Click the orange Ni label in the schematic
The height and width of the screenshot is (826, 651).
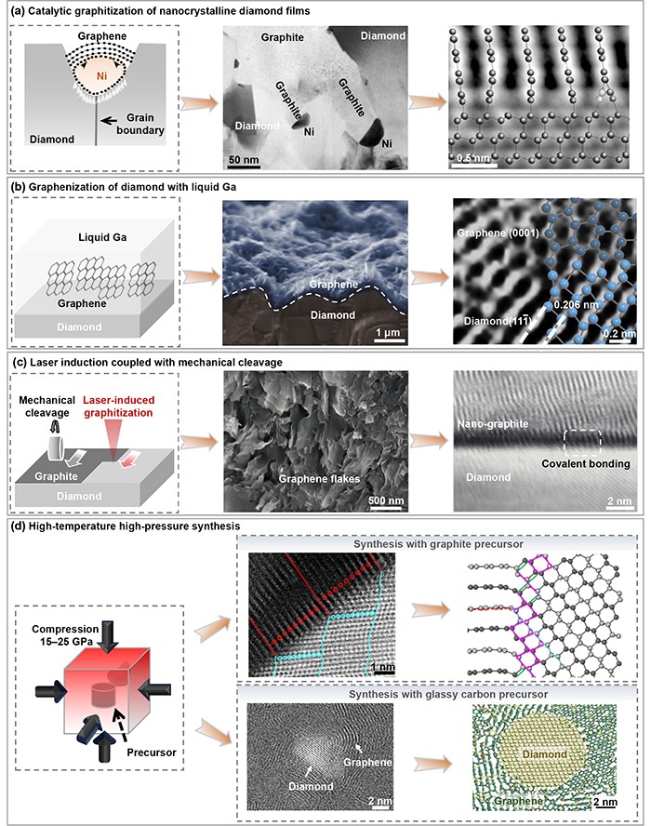pyautogui.click(x=101, y=76)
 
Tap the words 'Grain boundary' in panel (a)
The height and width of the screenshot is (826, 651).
pyautogui.click(x=140, y=124)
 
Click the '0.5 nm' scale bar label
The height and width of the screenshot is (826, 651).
pyautogui.click(x=473, y=158)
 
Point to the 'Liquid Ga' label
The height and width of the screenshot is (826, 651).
pyautogui.click(x=102, y=237)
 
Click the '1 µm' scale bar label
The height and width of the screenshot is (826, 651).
pyautogui.click(x=388, y=332)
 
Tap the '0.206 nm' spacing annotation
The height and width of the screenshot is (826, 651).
pyautogui.click(x=576, y=305)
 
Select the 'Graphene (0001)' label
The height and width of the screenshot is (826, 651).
pyautogui.click(x=498, y=233)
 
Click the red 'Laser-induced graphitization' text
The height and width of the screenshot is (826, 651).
pyautogui.click(x=118, y=406)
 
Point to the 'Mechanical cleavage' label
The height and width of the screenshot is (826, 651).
pyautogui.click(x=46, y=406)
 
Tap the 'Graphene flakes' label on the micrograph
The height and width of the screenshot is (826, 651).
pyautogui.click(x=319, y=479)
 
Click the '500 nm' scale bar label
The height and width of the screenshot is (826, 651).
pyautogui.click(x=386, y=500)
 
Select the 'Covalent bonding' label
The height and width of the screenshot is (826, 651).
pyautogui.click(x=586, y=463)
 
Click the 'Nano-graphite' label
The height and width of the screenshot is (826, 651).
pyautogui.click(x=493, y=423)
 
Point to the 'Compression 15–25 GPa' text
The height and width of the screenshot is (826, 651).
pyautogui.click(x=65, y=635)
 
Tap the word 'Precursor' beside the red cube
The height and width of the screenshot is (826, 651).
pyautogui.click(x=152, y=753)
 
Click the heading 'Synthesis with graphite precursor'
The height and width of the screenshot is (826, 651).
pyautogui.click(x=438, y=543)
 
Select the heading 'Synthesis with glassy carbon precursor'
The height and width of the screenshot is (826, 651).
pyautogui.click(x=448, y=694)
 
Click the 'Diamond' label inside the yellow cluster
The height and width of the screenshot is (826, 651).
pyautogui.click(x=545, y=754)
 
